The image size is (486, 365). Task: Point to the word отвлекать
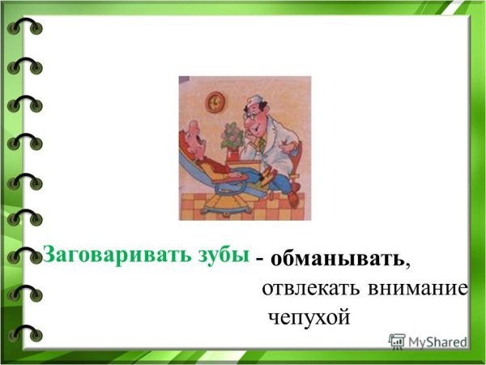point(310,289)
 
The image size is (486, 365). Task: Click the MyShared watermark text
point(437,342)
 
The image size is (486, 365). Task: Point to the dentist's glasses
point(258,116)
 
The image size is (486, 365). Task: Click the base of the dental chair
point(223,207)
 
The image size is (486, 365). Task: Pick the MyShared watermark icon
point(397,341)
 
